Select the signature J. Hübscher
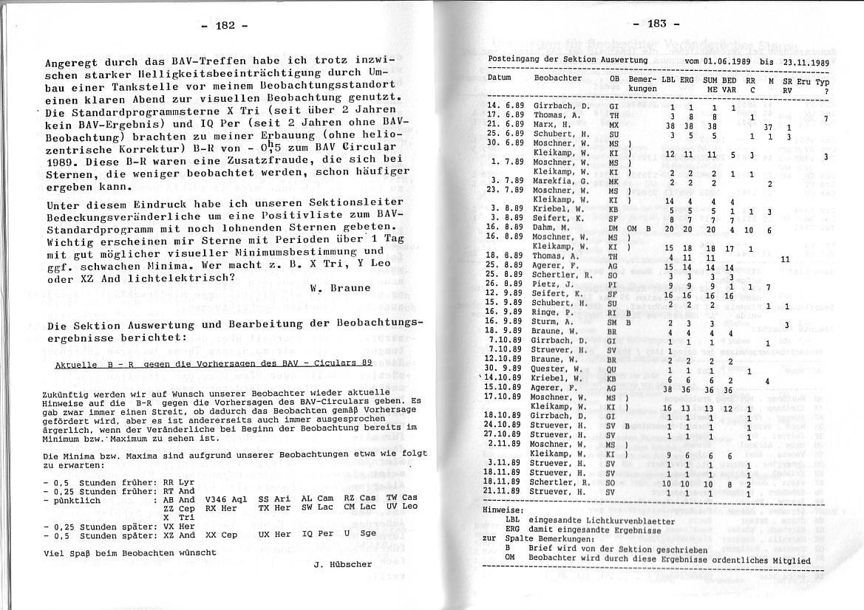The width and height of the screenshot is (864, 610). click(x=343, y=565)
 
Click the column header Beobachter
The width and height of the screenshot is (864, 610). click(x=558, y=78)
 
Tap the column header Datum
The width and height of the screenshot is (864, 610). click(x=500, y=78)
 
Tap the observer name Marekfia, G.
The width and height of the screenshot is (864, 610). click(x=561, y=181)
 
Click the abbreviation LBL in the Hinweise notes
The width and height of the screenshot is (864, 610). click(x=512, y=520)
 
